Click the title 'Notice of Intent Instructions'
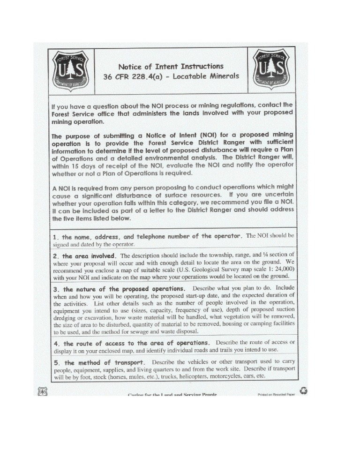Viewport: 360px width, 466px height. click(170, 66)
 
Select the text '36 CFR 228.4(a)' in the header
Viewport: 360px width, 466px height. click(131, 76)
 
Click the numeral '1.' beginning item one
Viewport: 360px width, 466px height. click(56, 236)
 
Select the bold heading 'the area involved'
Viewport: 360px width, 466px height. click(89, 256)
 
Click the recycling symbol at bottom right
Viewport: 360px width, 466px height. click(303, 390)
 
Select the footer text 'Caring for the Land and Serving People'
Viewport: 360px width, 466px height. click(172, 395)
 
